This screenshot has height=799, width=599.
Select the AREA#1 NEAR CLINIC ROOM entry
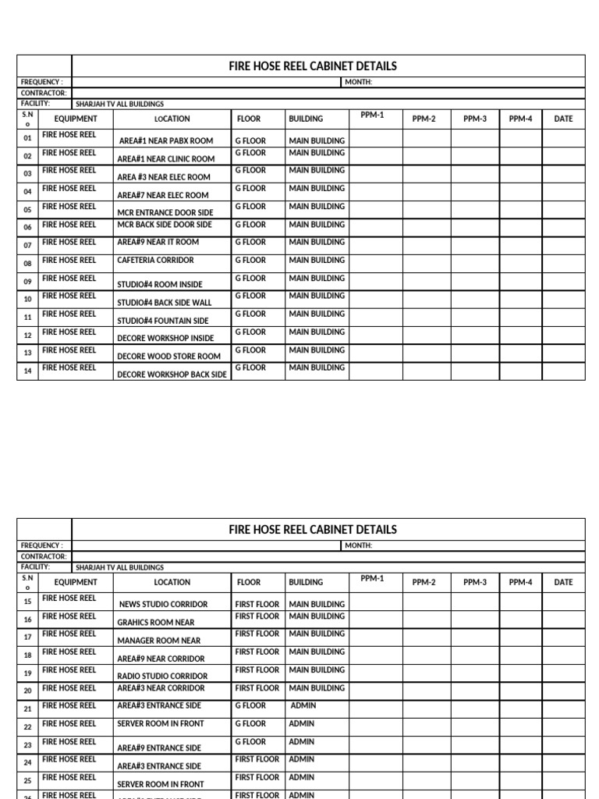(x=165, y=159)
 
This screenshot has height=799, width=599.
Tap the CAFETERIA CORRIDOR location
(x=155, y=261)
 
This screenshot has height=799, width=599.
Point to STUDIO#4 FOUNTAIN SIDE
(x=163, y=321)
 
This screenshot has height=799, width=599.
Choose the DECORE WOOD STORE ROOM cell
(x=168, y=357)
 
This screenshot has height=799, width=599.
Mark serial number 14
(x=27, y=371)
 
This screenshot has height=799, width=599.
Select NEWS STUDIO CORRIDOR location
(x=163, y=605)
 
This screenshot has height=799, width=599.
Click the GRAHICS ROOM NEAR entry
(x=156, y=623)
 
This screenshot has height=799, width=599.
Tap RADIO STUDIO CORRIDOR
(x=162, y=676)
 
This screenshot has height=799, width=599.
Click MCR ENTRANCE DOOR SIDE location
(x=165, y=213)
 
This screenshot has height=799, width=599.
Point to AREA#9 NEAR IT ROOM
(x=158, y=243)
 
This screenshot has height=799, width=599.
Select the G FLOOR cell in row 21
(x=250, y=706)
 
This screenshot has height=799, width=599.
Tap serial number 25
(x=27, y=781)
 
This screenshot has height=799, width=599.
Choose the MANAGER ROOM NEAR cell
(x=158, y=641)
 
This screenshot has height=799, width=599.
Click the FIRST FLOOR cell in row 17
(x=257, y=634)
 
